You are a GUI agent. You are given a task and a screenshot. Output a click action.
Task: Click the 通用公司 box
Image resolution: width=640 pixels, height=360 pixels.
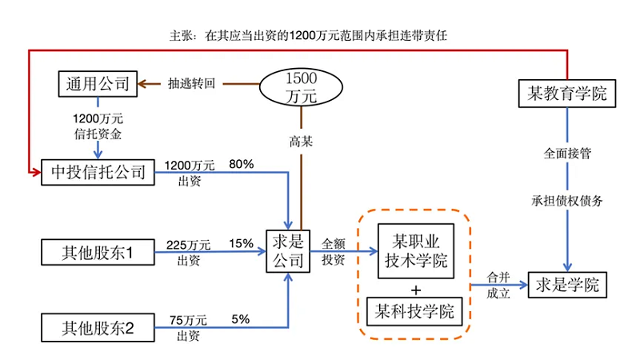click(x=98, y=82)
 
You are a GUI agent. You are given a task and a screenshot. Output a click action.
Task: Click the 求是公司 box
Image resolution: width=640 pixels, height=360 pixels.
click(x=286, y=250)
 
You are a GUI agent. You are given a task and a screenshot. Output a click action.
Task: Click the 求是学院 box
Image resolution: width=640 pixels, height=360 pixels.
click(x=568, y=284)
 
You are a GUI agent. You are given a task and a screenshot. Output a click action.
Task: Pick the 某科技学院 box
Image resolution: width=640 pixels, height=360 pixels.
click(x=414, y=311)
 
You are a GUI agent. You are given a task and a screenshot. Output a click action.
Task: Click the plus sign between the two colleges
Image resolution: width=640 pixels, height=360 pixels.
click(x=415, y=289)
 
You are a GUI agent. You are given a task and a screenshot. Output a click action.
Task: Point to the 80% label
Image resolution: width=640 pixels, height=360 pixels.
click(x=242, y=164)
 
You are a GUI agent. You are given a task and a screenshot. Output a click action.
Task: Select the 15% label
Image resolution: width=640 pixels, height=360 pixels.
click(x=242, y=243)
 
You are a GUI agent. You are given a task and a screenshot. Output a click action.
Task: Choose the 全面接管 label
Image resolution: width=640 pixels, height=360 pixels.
click(x=567, y=154)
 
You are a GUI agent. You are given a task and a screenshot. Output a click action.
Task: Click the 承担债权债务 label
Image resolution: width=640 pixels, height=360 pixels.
click(x=567, y=200)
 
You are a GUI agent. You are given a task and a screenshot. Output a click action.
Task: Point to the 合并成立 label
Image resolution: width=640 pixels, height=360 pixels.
click(x=498, y=285)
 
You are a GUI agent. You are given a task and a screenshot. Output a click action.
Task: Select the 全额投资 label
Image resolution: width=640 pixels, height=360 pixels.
click(x=334, y=250)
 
